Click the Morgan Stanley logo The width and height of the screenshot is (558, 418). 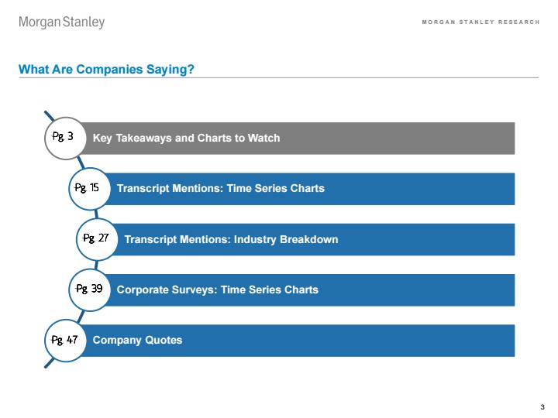61,22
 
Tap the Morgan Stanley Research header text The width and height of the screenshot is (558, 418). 480,22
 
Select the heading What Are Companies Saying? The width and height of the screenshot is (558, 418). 106,69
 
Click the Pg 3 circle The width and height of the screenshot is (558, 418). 65,138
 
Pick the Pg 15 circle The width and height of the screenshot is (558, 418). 89,189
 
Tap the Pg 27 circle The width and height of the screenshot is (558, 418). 97,239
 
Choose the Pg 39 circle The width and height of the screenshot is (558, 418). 89,290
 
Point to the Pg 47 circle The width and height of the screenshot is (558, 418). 65,341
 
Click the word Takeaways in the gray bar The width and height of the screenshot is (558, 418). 144,138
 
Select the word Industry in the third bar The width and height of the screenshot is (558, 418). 255,239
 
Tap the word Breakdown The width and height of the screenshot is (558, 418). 309,239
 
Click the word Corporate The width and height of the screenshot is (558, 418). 143,290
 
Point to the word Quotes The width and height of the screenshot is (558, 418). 164,340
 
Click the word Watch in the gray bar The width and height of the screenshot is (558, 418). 263,138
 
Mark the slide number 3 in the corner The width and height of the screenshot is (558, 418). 542,407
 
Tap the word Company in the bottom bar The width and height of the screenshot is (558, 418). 117,341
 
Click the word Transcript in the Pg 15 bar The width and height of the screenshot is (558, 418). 143,188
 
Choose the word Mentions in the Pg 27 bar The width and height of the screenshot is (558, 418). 205,239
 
